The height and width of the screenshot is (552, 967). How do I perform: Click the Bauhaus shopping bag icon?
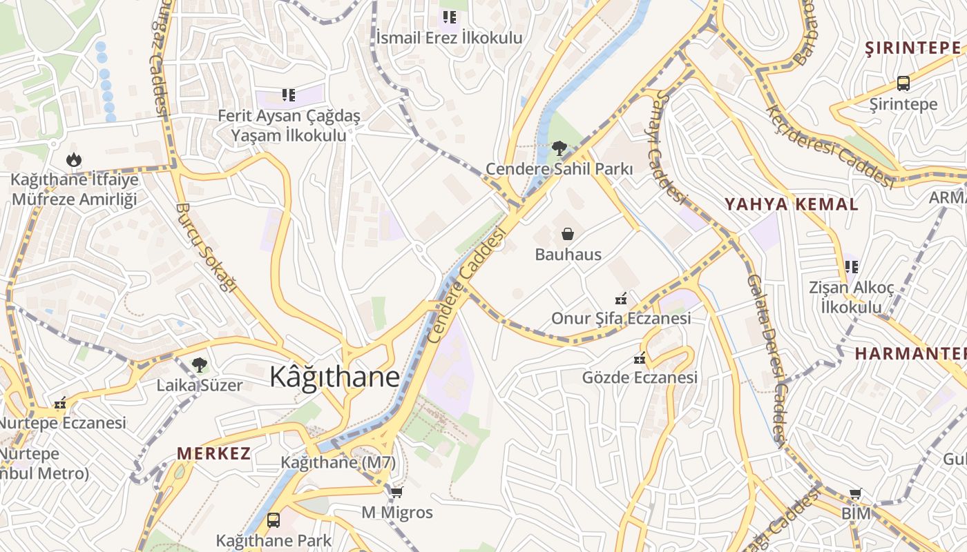pyautogui.click(x=567, y=235)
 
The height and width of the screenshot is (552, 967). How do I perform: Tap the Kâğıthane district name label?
pyautogui.click(x=334, y=377)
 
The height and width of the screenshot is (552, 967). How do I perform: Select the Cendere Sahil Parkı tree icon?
pyautogui.click(x=559, y=148)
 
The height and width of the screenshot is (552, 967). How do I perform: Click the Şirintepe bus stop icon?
pyautogui.click(x=903, y=83)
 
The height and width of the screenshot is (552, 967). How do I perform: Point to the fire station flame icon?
pyautogui.click(x=74, y=160)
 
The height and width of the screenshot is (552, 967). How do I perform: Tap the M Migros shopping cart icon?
pyautogui.click(x=396, y=493)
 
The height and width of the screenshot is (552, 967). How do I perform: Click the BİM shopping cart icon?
pyautogui.click(x=856, y=494)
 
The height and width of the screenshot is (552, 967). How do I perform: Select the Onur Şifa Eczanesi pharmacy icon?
pyautogui.click(x=621, y=299)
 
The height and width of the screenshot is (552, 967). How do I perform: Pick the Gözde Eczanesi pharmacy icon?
pyautogui.click(x=640, y=358)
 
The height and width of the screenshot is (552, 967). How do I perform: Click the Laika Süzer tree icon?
pyautogui.click(x=200, y=364)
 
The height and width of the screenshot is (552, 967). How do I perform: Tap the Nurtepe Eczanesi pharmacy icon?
pyautogui.click(x=61, y=403)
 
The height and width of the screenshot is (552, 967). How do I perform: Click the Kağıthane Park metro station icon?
pyautogui.click(x=274, y=520)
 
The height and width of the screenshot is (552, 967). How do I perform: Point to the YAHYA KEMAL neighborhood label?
pyautogui.click(x=791, y=204)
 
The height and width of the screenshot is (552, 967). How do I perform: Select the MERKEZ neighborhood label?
pyautogui.click(x=213, y=453)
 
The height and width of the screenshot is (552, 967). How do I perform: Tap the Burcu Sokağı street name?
pyautogui.click(x=206, y=247)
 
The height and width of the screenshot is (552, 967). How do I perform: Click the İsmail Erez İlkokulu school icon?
pyautogui.click(x=450, y=17)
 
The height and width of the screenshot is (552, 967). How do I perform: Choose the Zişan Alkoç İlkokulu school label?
pyautogui.click(x=851, y=297)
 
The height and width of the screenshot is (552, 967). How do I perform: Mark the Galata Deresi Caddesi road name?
pyautogui.click(x=767, y=359)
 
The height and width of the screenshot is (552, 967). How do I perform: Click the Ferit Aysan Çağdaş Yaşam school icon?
pyautogui.click(x=288, y=95)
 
